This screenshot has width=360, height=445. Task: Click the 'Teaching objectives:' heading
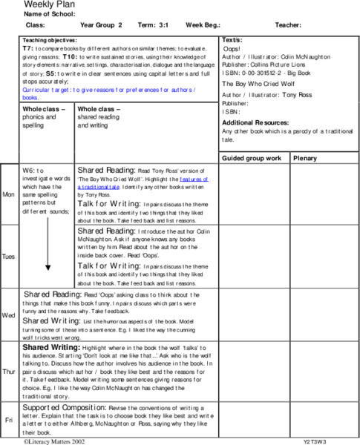[x=51, y=39]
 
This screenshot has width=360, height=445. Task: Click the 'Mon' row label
[x=9, y=194]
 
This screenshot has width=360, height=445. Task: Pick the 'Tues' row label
[x=9, y=256]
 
